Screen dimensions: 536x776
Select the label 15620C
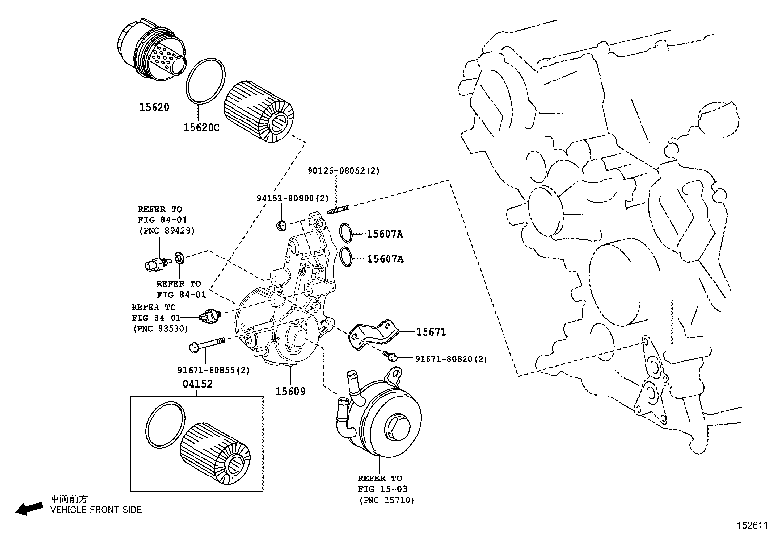point(201,128)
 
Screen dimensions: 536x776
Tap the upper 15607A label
point(385,234)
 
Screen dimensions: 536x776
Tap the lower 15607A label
point(385,259)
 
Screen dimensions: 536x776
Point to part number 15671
point(431,332)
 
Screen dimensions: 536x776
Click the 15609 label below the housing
point(291,391)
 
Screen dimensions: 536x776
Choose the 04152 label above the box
point(198,384)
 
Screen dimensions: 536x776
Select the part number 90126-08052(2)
point(343,171)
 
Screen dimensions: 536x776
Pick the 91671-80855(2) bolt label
point(213,370)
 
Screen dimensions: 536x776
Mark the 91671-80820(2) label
point(451,359)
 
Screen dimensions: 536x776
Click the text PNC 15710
point(387,500)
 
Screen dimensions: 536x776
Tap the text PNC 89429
point(166,231)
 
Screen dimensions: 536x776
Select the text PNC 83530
point(160,329)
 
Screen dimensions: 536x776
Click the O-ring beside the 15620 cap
point(206,81)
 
